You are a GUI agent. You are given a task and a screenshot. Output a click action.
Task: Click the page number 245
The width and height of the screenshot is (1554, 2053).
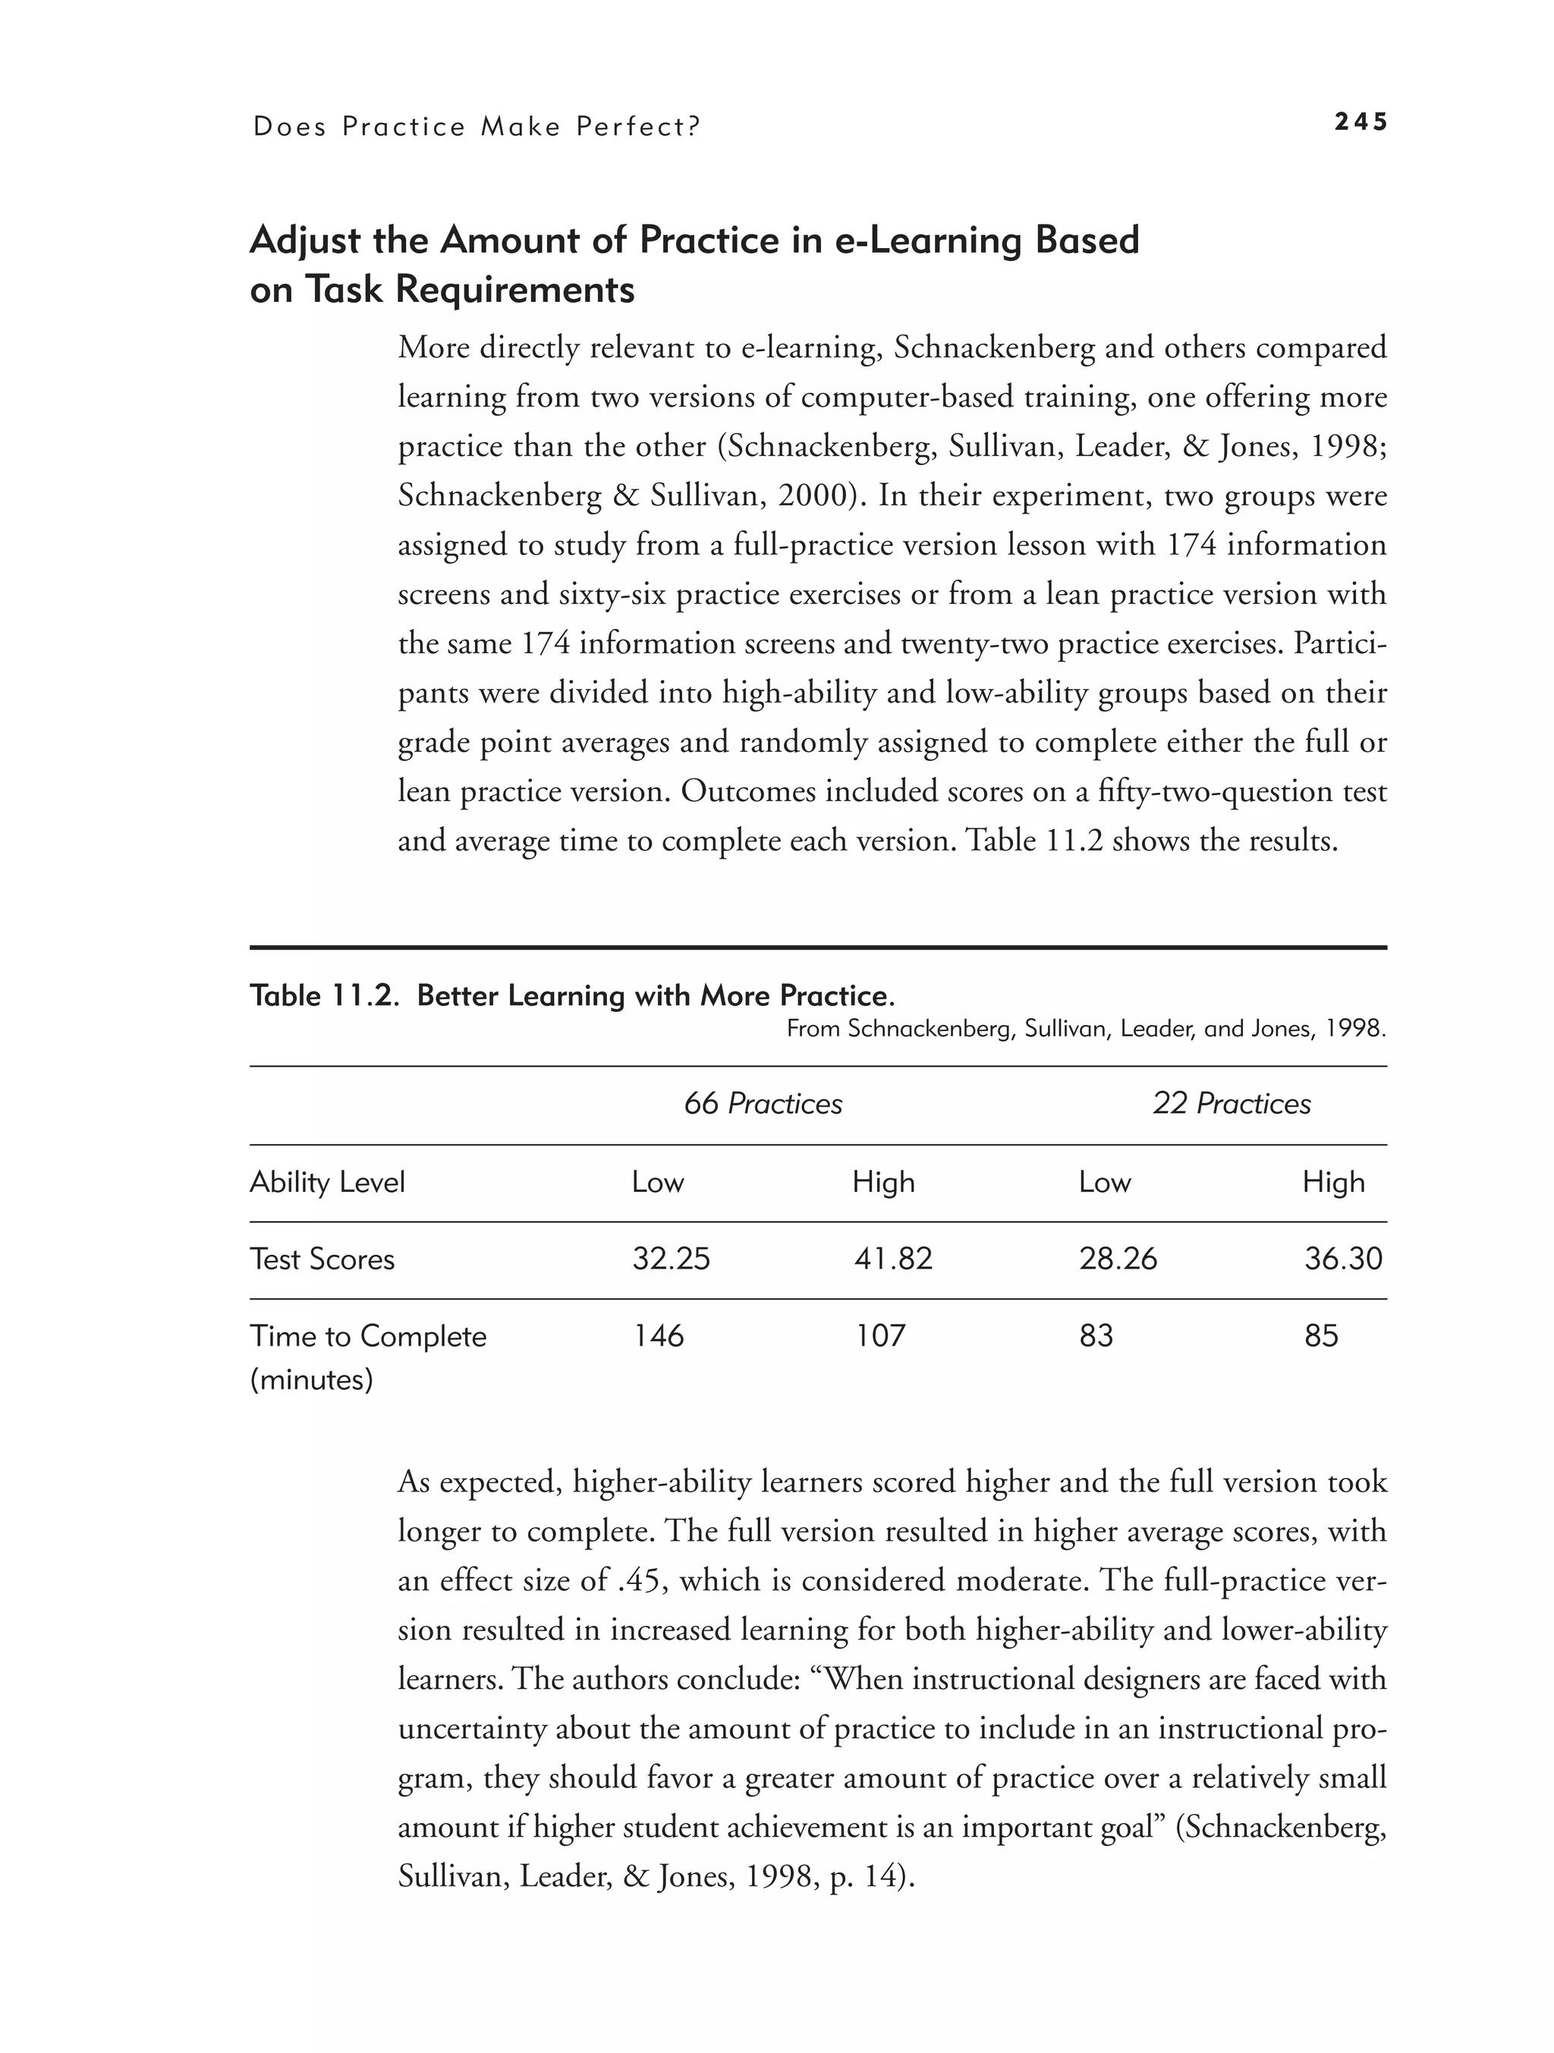pyautogui.click(x=1360, y=122)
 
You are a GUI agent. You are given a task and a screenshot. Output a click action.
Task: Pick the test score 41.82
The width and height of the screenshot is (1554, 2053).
pyautogui.click(x=892, y=1259)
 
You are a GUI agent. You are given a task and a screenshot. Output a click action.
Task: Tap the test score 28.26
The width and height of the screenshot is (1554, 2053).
pyautogui.click(x=1118, y=1259)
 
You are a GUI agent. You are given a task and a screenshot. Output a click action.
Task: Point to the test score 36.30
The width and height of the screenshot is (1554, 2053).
pyautogui.click(x=1342, y=1259)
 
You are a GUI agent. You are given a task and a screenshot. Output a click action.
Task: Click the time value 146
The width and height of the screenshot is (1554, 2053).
pyautogui.click(x=657, y=1337)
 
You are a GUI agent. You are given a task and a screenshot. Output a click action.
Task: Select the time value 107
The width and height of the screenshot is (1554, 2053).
pyautogui.click(x=879, y=1337)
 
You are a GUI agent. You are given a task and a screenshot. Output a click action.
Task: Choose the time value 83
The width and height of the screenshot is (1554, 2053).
pyautogui.click(x=1096, y=1337)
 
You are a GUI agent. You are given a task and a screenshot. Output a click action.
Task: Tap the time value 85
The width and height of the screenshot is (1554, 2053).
pyautogui.click(x=1321, y=1337)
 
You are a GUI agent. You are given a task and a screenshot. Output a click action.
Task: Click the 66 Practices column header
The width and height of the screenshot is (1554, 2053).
pyautogui.click(x=762, y=1104)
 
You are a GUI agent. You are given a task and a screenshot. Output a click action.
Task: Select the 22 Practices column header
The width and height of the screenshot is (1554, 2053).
pyautogui.click(x=1231, y=1104)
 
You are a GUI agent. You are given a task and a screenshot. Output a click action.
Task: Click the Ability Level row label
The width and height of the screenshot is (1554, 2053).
pyautogui.click(x=327, y=1183)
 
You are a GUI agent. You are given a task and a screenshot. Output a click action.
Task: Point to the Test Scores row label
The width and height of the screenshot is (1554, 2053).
pyautogui.click(x=322, y=1259)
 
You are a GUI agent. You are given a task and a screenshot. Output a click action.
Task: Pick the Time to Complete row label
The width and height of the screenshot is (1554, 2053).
pyautogui.click(x=367, y=1338)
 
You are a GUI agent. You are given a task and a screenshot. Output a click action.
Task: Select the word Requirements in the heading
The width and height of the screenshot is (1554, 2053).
pyautogui.click(x=514, y=291)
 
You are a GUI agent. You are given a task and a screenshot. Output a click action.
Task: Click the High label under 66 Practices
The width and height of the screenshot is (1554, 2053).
pyautogui.click(x=882, y=1183)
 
